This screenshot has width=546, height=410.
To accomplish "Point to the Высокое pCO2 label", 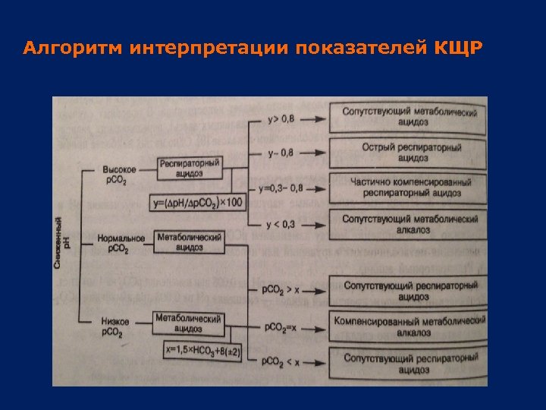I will pos(119,174).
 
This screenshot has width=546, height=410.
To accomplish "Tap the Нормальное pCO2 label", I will pos(120,243).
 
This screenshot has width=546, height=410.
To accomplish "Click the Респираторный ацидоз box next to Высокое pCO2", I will pos(190,168).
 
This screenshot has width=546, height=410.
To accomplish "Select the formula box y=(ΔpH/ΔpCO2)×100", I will pos(198,202).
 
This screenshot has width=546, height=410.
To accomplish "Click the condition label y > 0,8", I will pos(284,119).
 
